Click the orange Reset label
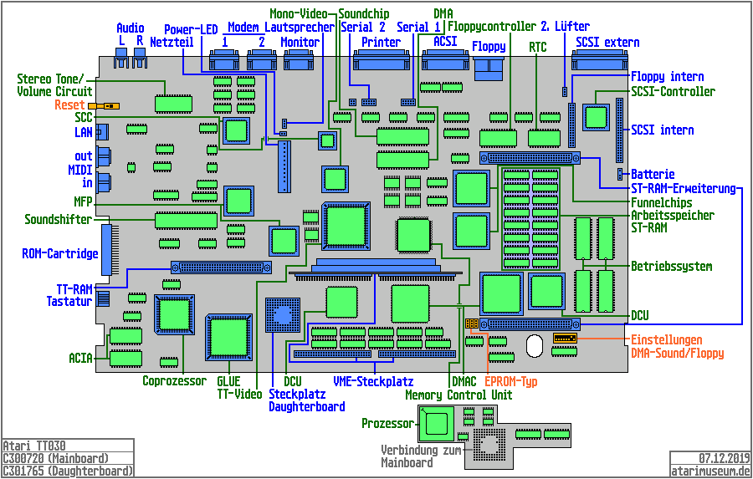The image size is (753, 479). point(69,105)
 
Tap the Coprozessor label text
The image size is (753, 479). point(174,381)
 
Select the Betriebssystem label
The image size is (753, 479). point(671,267)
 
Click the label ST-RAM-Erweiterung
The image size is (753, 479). point(683,188)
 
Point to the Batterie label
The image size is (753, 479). point(653,174)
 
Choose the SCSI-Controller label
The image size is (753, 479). point(673,92)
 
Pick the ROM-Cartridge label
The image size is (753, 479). point(60,253)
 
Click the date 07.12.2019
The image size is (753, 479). point(725,458)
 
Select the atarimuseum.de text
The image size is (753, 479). point(710,471)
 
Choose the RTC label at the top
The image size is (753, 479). point(538,48)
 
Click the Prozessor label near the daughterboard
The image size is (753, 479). point(387,424)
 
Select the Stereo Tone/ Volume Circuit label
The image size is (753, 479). point(54,85)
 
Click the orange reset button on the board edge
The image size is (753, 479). point(106,106)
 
